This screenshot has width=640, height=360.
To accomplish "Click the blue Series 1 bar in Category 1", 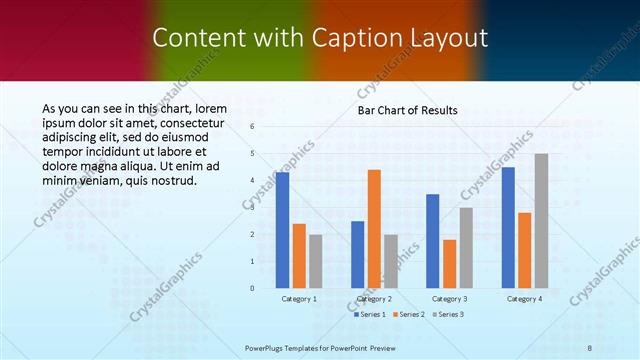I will click(x=283, y=230).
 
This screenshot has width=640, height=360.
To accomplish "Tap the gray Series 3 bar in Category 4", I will click(x=541, y=221).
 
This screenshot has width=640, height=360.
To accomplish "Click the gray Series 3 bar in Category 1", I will click(x=316, y=261).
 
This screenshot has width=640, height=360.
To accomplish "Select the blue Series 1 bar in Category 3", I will click(x=433, y=240).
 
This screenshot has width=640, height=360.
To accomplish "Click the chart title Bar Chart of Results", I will click(x=408, y=110).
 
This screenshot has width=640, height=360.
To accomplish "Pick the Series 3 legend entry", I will click(x=448, y=314).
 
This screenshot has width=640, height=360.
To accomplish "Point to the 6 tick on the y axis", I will click(x=253, y=127).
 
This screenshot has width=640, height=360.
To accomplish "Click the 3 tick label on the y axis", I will click(x=253, y=208).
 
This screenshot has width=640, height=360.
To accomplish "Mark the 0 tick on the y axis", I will click(x=253, y=288).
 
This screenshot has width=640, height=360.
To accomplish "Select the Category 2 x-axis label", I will click(x=374, y=298).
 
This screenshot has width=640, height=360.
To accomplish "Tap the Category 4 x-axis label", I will click(x=524, y=298).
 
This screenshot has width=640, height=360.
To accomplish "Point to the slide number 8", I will click(x=589, y=347).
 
